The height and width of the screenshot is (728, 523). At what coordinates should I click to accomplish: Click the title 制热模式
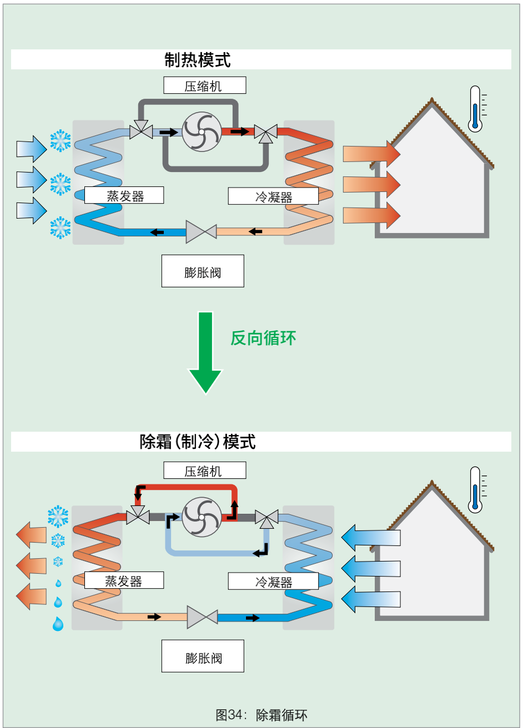(x=198, y=60)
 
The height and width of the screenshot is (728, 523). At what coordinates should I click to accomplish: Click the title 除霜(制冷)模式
(x=198, y=442)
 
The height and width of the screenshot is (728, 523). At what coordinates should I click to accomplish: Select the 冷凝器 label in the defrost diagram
(x=273, y=581)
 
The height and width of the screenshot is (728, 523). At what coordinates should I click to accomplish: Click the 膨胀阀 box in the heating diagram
(x=203, y=271)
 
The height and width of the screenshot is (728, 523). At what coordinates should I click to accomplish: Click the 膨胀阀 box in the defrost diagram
(x=203, y=656)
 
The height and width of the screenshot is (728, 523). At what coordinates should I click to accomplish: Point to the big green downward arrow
(x=205, y=353)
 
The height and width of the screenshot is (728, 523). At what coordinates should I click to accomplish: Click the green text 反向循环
(x=264, y=338)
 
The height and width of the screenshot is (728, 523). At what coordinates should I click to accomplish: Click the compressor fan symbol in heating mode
(x=202, y=132)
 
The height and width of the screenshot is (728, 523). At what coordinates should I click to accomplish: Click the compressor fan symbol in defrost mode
(x=202, y=517)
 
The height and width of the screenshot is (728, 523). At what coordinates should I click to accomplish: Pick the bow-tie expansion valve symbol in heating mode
(x=202, y=232)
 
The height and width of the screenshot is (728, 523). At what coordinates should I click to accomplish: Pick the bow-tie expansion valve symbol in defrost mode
(x=202, y=617)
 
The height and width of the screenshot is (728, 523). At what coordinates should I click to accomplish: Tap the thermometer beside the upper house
(x=476, y=109)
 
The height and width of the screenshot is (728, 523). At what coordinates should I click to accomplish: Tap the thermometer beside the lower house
(x=476, y=490)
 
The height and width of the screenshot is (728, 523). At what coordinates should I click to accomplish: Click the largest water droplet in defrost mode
(x=58, y=624)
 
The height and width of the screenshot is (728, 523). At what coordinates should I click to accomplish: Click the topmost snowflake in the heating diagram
(x=61, y=141)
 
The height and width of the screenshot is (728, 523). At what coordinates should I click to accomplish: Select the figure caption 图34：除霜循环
(x=261, y=715)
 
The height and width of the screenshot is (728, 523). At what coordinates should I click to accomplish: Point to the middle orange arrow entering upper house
(x=371, y=185)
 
